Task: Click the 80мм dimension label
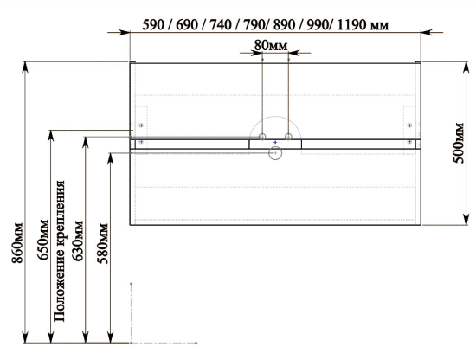271,46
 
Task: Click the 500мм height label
459,143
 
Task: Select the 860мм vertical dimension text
17,243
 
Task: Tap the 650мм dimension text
42,240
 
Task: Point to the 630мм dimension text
77,241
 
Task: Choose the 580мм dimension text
103,243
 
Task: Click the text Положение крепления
59,251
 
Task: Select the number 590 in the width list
153,25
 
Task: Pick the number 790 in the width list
254,25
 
